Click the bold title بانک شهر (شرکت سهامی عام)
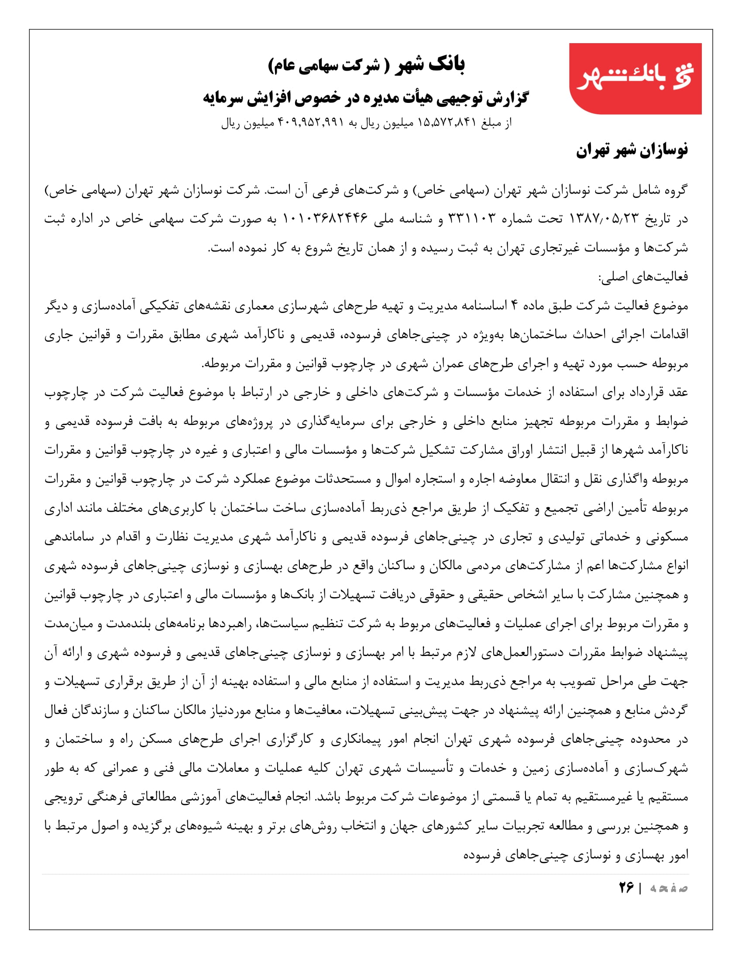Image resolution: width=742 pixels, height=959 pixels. point(366,65)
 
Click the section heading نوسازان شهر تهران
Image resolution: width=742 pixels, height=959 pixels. point(632,151)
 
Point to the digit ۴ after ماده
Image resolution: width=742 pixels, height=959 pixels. point(514,306)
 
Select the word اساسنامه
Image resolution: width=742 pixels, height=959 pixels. point(481,306)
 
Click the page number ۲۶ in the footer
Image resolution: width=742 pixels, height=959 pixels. point(626,888)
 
